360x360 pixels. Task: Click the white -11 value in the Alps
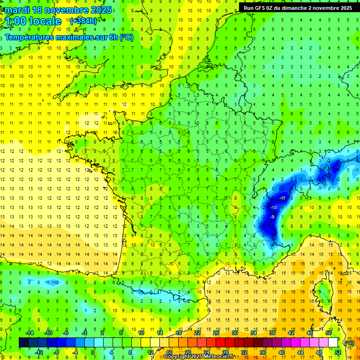point(282,198)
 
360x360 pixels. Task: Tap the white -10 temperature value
point(273,208)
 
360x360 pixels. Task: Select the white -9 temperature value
point(273,217)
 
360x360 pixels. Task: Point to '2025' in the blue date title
point(101,10)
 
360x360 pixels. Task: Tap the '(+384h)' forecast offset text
point(84,21)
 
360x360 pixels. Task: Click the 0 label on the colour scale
point(93,352)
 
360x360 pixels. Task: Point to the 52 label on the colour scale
point(337,352)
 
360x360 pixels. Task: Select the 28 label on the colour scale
point(225,352)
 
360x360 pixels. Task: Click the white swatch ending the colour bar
point(333,343)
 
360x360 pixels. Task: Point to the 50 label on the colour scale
point(329,333)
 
